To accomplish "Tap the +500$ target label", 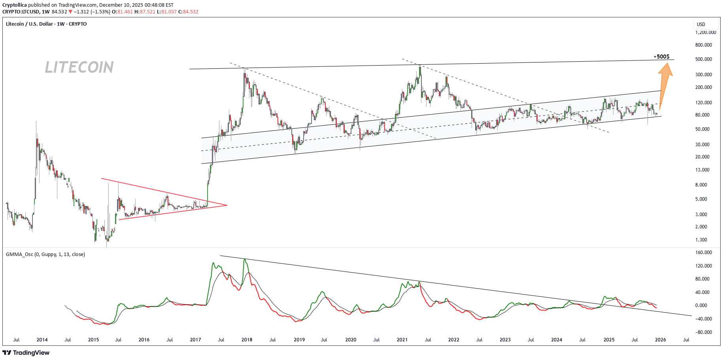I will click(x=661, y=57).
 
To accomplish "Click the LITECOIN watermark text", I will click(x=79, y=67).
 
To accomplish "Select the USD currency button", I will click(x=701, y=25).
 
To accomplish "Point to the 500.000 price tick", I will click(x=703, y=59).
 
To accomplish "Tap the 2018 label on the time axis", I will click(x=247, y=340).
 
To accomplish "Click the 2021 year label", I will click(x=402, y=340).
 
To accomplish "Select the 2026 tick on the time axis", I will click(x=660, y=340).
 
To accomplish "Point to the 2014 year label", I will click(x=42, y=340).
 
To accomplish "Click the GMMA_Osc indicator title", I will click(x=45, y=254).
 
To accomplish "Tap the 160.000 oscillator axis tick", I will click(x=703, y=253).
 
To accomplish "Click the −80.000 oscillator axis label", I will click(x=703, y=332).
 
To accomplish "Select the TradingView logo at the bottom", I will click(x=26, y=352).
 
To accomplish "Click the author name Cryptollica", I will click(x=15, y=5).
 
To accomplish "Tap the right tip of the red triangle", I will click(x=227, y=205).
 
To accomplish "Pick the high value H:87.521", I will click(x=145, y=12).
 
